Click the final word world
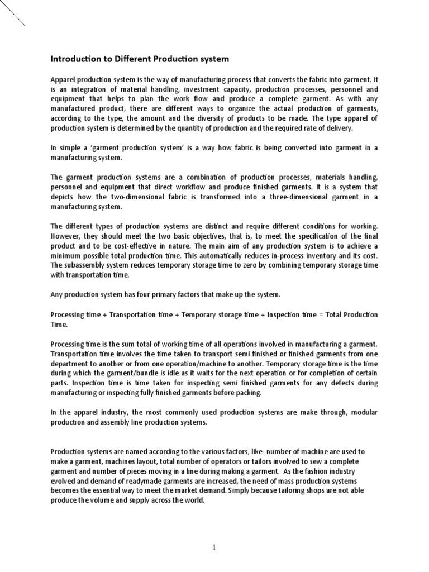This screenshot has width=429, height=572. click(193, 500)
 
